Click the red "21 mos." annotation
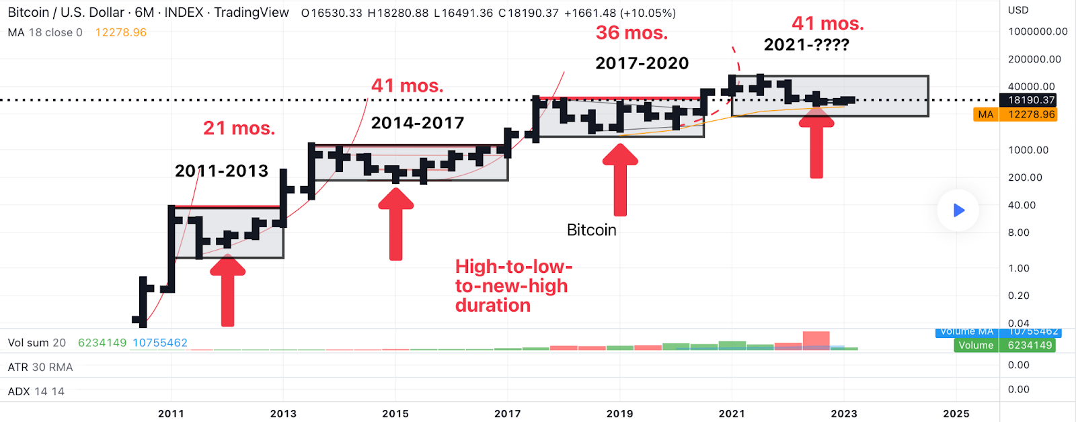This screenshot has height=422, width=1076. coord(239,128)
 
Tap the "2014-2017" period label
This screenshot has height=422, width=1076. coord(418,123)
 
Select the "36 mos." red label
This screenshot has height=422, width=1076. coord(631,32)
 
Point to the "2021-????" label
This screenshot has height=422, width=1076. coord(806,45)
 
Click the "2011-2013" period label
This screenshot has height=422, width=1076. coord(221,171)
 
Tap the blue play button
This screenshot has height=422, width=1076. coord(958,210)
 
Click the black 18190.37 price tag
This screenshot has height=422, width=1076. coord(1031,100)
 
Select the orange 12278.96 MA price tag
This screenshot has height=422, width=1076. coord(1031,114)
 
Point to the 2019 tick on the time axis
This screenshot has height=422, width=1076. coord(619,413)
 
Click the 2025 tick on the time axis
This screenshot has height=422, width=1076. coord(956,413)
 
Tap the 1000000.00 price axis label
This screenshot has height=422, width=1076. coord(1038,32)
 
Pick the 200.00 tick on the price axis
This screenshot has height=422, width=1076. coord(1025,177)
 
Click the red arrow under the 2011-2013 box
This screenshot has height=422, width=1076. coord(228,292)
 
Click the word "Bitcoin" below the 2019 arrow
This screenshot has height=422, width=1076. coord(591,230)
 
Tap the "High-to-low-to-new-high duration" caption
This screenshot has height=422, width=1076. coord(513,286)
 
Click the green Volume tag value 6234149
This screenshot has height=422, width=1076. coord(1029,345)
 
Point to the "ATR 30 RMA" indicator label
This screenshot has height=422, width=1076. coord(40,367)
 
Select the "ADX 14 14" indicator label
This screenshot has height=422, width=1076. coord(36,391)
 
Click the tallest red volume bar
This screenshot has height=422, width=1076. coord(816,340)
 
